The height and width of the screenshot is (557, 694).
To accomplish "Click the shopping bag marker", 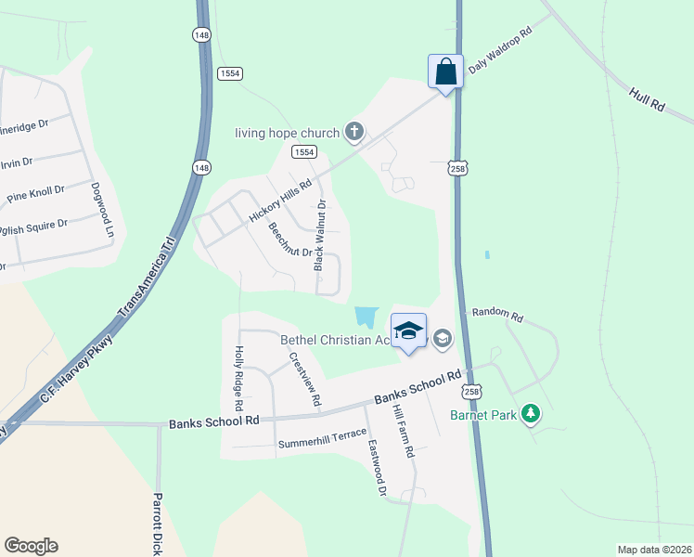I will coord(445,72).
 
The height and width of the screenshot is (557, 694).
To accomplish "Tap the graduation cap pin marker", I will coord(408,332).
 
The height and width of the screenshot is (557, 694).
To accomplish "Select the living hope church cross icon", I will coord(353,133).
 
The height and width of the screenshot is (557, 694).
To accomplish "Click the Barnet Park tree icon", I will coord(530,413).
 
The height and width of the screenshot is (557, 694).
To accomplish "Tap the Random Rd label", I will coord(497,315).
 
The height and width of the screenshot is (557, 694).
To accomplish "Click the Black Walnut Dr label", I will coord(320,236).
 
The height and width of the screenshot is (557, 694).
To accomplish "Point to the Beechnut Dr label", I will coord(289,240).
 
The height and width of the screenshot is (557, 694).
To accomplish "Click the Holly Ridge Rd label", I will coord(238,379).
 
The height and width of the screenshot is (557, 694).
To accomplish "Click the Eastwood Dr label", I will coord(375,467).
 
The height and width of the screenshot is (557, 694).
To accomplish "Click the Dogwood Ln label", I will coord(101,208).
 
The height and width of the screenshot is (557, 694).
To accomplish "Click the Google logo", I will coord(31,546).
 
